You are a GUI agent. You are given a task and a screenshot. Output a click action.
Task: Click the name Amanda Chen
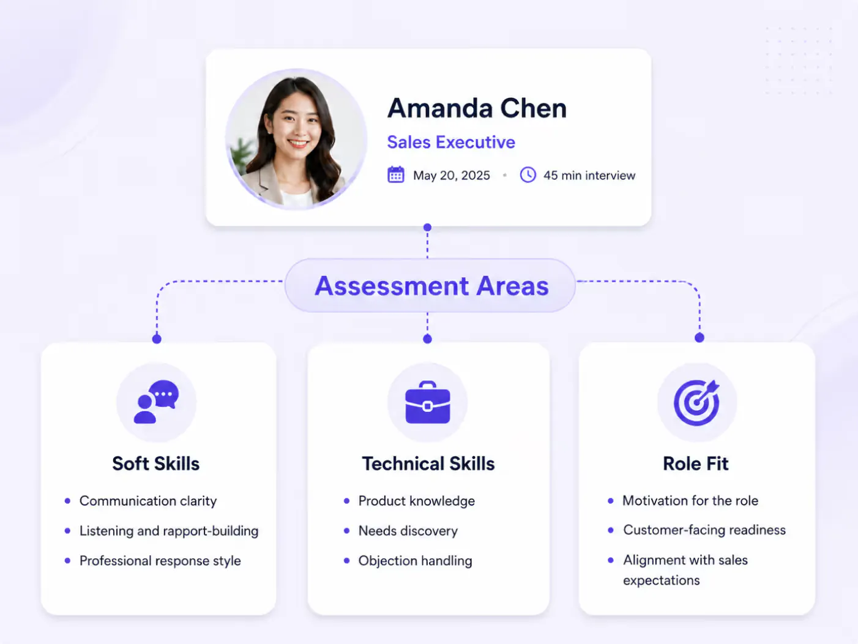tap(477, 108)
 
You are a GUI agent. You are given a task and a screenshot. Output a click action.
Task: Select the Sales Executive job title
tap(451, 142)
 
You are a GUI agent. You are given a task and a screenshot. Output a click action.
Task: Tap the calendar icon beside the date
tap(395, 174)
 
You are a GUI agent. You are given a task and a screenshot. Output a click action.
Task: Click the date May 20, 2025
tap(452, 175)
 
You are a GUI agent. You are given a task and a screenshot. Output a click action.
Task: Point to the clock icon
tap(528, 174)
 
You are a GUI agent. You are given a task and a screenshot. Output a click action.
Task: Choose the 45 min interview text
tap(589, 175)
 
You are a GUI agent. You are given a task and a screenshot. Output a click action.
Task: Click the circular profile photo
tap(296, 139)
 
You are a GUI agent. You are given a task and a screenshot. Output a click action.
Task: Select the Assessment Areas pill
tap(430, 285)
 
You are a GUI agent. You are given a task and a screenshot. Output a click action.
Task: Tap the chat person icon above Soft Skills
tap(156, 402)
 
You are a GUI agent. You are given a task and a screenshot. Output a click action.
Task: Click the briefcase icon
tap(428, 402)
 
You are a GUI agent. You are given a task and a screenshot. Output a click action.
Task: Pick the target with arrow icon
tap(696, 402)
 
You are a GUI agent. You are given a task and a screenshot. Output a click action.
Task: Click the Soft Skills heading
tap(155, 463)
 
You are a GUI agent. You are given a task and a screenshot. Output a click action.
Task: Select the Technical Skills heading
tap(428, 463)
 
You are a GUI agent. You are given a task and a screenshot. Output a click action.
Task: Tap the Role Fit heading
tap(695, 463)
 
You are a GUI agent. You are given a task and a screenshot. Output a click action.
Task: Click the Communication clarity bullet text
tap(147, 501)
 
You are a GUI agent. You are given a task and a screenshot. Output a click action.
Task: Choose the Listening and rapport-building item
tap(169, 531)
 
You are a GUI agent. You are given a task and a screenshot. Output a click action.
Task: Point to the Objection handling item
tap(415, 561)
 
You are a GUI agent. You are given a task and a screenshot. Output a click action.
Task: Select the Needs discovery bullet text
tap(408, 531)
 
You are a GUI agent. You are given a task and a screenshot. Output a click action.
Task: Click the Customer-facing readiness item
tap(704, 530)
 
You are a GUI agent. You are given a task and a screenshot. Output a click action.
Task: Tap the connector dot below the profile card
tap(427, 227)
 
